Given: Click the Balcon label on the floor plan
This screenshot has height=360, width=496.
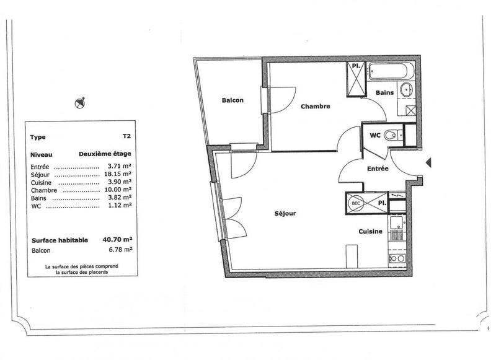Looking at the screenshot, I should coord(232,100).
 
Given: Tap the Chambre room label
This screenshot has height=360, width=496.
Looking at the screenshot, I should coord(315,106).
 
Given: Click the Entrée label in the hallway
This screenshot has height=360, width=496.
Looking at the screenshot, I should coord(378,168).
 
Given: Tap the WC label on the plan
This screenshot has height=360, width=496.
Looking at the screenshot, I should coord(373,134).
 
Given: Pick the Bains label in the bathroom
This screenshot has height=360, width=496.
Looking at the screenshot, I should coord(386,92).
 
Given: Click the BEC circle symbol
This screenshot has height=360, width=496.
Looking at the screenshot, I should coord(356,202).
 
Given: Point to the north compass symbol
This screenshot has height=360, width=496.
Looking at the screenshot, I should coord(80,102).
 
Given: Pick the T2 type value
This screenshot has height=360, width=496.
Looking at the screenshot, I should coord(126,137).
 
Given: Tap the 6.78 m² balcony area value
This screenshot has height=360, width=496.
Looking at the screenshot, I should coord(120,251).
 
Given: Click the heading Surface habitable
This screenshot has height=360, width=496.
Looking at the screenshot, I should coord(60,240).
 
